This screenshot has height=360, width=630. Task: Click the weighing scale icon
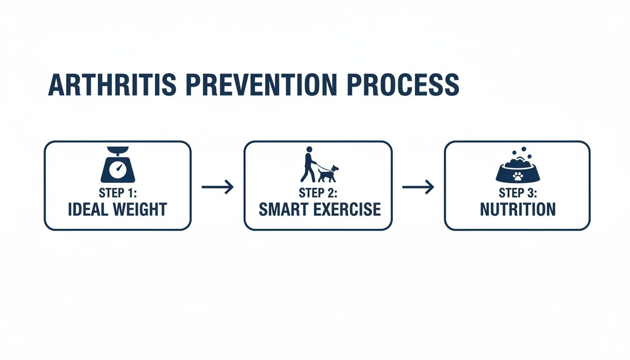(x=118, y=165)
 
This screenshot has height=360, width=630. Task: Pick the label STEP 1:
(x=118, y=193)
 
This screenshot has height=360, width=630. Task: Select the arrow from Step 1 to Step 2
(x=217, y=187)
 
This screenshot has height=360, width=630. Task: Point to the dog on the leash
(x=328, y=173)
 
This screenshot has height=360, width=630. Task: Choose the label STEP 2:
(x=318, y=193)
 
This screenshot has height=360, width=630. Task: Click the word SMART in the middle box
(x=283, y=210)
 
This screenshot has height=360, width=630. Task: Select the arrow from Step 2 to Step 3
(x=418, y=187)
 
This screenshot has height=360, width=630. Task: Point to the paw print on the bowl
(x=517, y=176)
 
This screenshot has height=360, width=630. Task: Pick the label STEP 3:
(x=517, y=193)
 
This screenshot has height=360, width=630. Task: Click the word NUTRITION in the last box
(x=517, y=210)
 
